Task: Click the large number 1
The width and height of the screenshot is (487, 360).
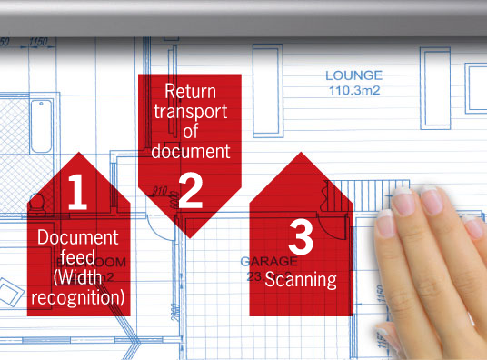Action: pos(77,192)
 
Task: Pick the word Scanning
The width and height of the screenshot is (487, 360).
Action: pos(300,279)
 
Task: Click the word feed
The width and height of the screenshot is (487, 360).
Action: pos(77,255)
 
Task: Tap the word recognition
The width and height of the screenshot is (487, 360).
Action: pos(77,295)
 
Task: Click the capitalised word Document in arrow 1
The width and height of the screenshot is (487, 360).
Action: pos(77,236)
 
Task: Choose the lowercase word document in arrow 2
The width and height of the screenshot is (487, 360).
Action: pos(190,151)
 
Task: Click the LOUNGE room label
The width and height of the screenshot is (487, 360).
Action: pos(354,75)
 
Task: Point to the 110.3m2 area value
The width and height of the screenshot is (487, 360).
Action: pos(354,91)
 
